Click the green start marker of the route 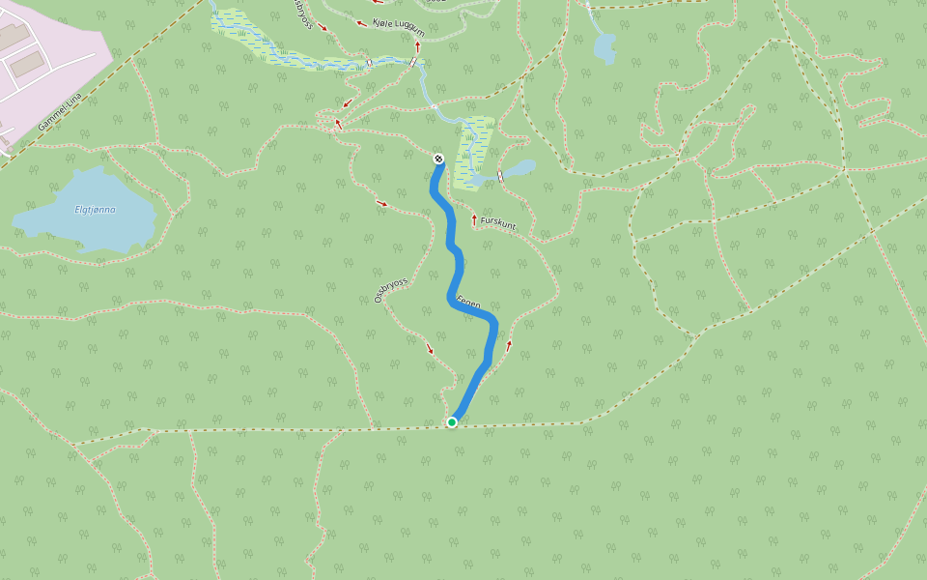point(452,421)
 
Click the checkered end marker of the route point(438,159)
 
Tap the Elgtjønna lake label point(95,210)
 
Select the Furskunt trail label point(499,224)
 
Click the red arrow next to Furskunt point(474,220)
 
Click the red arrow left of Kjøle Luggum point(362,23)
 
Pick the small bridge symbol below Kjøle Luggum point(413,63)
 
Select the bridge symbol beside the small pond point(500,175)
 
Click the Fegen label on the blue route point(468,303)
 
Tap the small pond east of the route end point(519,169)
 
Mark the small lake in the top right point(604,46)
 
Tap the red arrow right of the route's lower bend point(509,344)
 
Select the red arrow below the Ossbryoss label point(431,349)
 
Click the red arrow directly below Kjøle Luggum point(418,45)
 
